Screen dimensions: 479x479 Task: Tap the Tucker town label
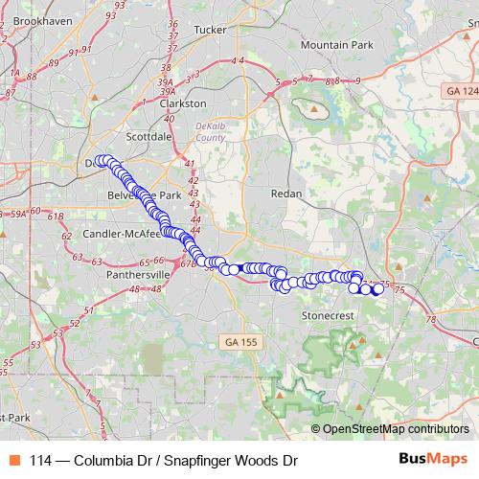click(209, 30)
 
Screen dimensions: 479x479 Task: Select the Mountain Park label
click(335, 45)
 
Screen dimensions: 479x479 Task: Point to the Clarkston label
click(183, 103)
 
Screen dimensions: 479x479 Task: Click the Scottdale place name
click(148, 137)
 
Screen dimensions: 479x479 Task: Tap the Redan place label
click(286, 194)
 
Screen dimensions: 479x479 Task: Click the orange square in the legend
click(15, 461)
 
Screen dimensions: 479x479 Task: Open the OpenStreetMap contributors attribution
click(395, 429)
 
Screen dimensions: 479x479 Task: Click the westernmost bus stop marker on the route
click(101, 161)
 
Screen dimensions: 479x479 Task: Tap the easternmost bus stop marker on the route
click(377, 289)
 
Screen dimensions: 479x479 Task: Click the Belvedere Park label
click(145, 194)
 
